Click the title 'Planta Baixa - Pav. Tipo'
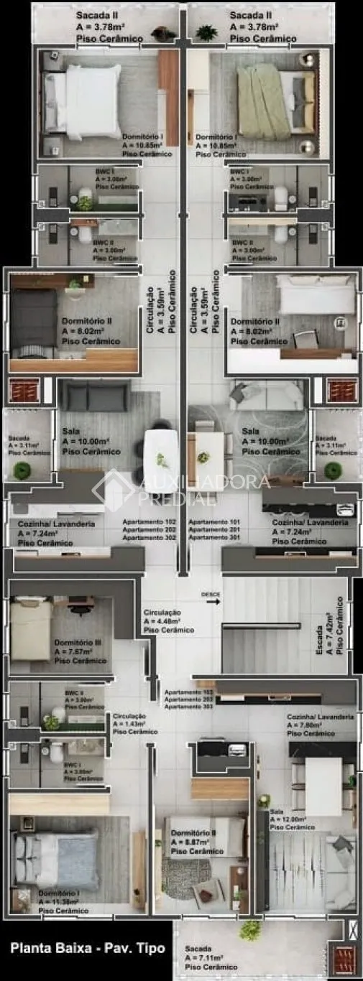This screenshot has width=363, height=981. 87,948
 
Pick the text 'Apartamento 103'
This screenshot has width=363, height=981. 188,692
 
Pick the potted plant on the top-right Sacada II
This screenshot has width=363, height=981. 206,32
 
